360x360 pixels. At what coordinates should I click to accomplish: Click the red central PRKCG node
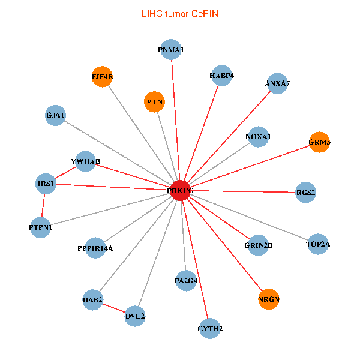(181, 190)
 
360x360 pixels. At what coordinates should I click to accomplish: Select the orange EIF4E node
(103, 76)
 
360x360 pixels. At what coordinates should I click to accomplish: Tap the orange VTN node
(155, 102)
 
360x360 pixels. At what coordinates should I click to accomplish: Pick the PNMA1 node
(171, 50)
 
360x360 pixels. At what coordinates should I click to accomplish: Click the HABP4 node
(221, 76)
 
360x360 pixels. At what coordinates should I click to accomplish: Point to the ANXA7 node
(277, 83)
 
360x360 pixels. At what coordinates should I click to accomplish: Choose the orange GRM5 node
(319, 142)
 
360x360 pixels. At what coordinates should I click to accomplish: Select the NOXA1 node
(258, 137)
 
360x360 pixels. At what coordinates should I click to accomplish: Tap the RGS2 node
(305, 193)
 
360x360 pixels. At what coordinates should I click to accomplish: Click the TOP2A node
(318, 244)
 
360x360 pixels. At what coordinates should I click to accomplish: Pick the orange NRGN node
(269, 299)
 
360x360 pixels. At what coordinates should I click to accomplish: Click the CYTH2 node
(210, 328)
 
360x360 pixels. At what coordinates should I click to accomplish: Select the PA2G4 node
(187, 280)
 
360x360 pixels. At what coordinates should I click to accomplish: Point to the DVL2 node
(136, 316)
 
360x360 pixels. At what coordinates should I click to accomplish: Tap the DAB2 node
(93, 299)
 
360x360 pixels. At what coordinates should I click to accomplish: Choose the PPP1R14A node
(95, 248)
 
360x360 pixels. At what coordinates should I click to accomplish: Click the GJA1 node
(56, 115)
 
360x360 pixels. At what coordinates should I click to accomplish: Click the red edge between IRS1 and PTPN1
(43, 205)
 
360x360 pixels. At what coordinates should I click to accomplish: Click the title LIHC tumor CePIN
(179, 13)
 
